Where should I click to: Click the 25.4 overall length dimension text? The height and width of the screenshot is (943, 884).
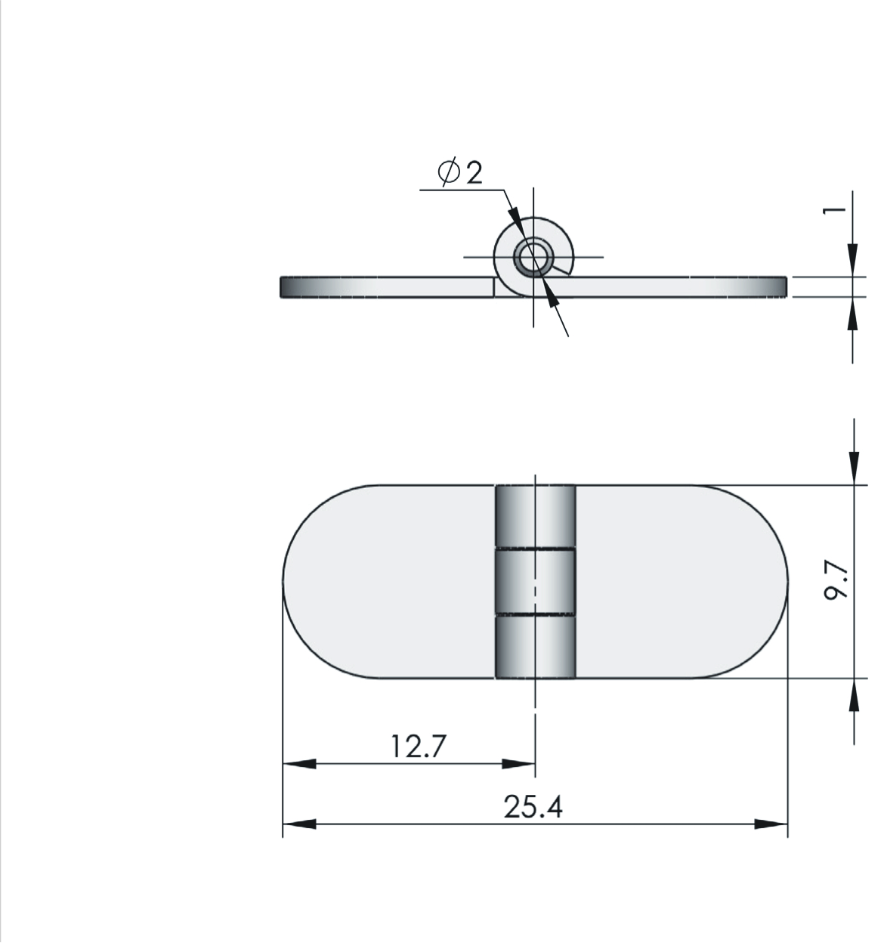tap(533, 807)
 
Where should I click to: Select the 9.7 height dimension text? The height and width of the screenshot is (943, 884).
tap(836, 581)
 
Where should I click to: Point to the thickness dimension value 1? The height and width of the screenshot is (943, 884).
tap(835, 210)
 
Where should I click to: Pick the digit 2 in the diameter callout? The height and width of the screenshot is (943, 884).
tap(474, 172)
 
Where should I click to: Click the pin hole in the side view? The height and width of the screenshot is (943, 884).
tap(533, 258)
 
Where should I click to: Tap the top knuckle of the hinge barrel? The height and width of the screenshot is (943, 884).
tap(535, 516)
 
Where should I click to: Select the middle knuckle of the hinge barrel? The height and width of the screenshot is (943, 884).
tap(535, 582)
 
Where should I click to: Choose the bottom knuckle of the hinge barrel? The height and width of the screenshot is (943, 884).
tap(535, 647)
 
